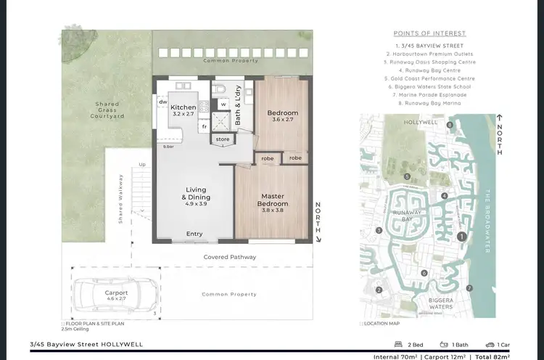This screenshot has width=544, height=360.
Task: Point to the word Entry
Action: [194, 234]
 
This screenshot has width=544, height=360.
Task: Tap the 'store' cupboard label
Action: [223, 139]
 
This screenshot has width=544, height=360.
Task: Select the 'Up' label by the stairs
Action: [141, 165]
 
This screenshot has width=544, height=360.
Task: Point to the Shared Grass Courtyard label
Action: [108, 110]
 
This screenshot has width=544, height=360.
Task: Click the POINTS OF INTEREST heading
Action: [429, 33]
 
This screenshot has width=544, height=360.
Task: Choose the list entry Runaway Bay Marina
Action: [429, 104]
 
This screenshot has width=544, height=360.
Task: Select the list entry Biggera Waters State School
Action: [429, 86]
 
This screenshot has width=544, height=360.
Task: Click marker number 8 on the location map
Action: [450, 125]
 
